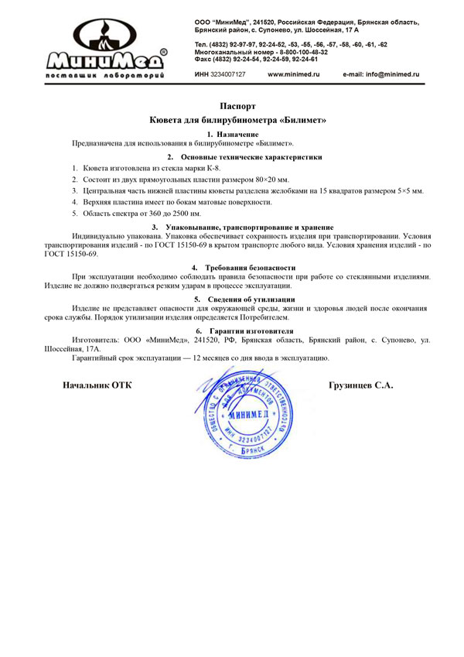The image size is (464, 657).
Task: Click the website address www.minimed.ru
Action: point(293,74)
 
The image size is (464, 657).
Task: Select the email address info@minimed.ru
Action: point(380,74)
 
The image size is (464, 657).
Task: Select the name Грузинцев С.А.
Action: point(361,385)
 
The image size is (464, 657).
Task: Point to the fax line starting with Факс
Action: point(256,59)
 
